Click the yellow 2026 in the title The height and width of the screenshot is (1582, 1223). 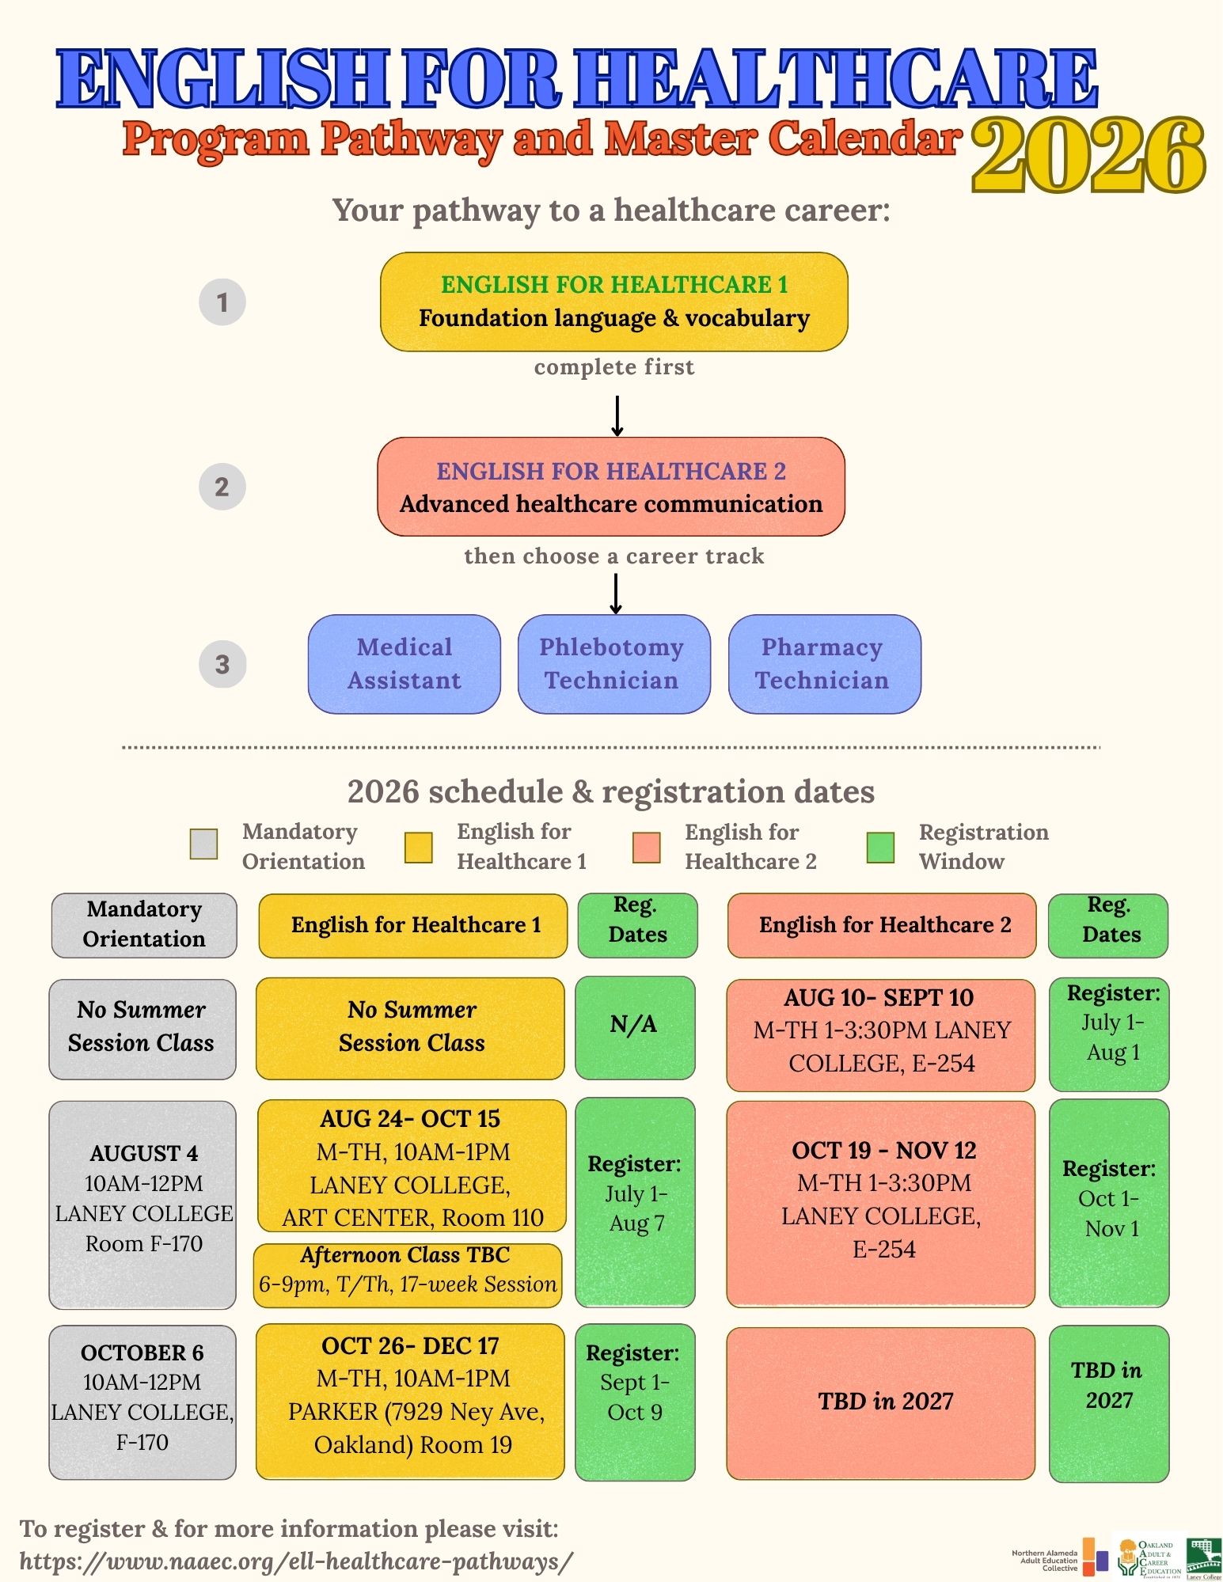[1088, 156]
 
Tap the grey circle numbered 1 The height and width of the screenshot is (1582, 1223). [222, 302]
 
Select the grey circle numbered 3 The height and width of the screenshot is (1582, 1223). [222, 664]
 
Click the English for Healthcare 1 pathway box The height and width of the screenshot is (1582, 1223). [613, 302]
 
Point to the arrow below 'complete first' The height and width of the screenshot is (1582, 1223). [617, 415]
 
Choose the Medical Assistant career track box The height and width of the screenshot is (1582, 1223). [404, 664]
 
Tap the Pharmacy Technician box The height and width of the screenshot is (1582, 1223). [824, 664]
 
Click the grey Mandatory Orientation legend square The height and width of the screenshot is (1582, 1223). [204, 844]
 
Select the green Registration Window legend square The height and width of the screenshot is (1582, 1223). [880, 847]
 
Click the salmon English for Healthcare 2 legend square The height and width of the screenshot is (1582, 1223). [647, 847]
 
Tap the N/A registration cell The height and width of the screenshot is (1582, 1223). [635, 1026]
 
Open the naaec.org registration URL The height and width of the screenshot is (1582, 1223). [296, 1561]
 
